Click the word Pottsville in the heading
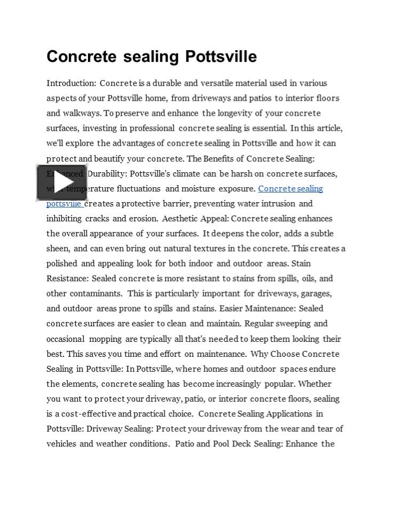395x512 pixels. click(x=221, y=57)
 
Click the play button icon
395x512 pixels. click(x=61, y=182)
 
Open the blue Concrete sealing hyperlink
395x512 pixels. click(x=291, y=189)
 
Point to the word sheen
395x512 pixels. click(x=58, y=249)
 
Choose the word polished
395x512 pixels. click(x=62, y=263)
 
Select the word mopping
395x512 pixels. click(x=105, y=339)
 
